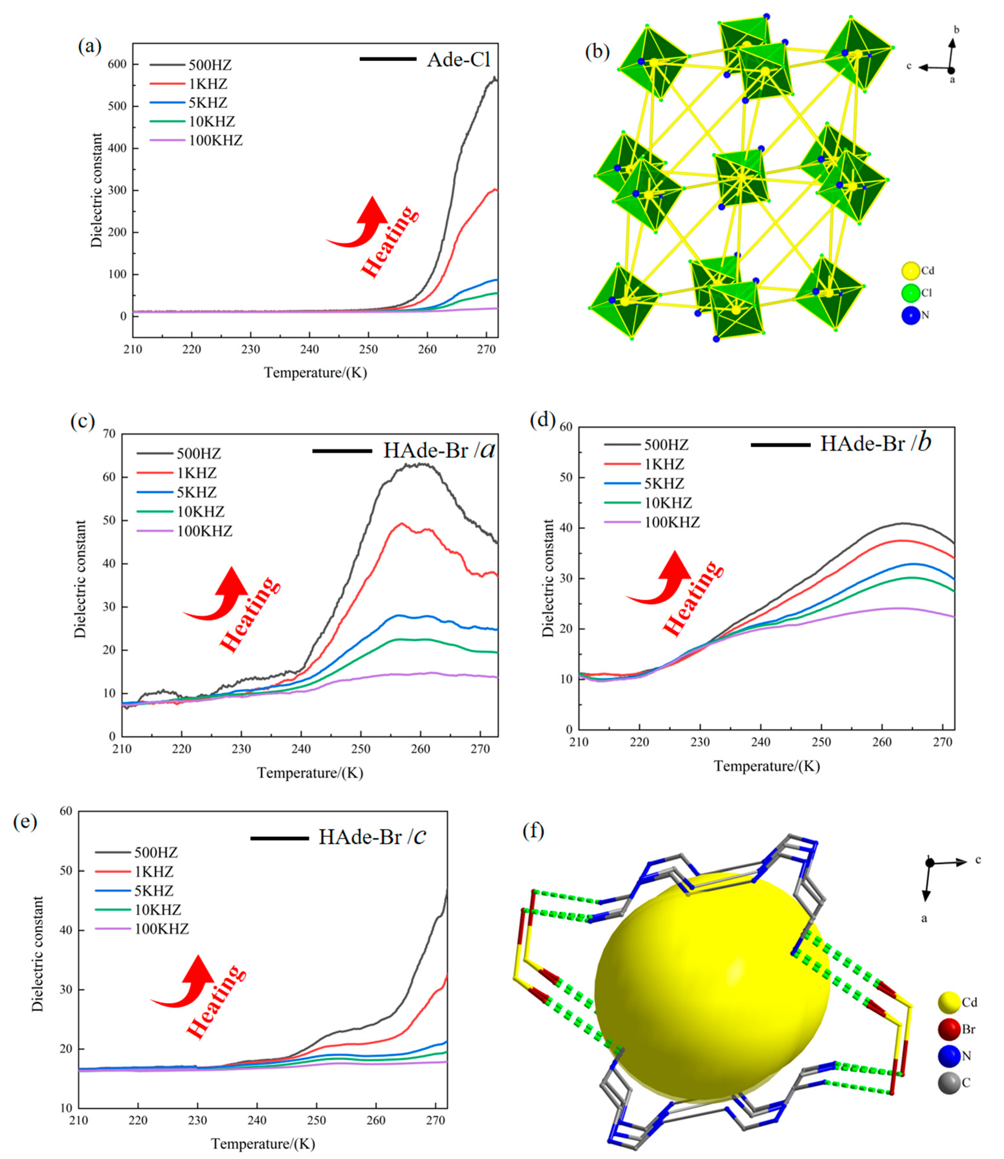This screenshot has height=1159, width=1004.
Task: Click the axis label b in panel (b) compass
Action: pos(956,30)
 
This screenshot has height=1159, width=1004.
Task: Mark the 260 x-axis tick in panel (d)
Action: pos(882,742)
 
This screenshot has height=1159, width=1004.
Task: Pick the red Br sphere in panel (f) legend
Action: pos(949,1029)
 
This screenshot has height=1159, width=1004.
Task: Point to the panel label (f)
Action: pos(533,831)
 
